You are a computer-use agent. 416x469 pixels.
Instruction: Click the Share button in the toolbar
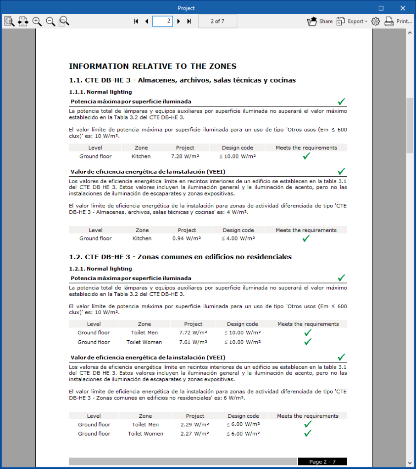(x=320, y=21)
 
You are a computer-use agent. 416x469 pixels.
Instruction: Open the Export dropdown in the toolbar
(x=352, y=21)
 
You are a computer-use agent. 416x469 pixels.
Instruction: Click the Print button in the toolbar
(x=398, y=21)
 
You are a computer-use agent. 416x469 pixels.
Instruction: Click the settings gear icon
(x=376, y=21)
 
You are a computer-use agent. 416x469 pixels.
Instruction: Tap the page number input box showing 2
(x=162, y=21)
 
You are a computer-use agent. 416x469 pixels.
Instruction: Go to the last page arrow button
(x=189, y=21)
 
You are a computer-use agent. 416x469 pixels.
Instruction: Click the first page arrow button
(x=136, y=21)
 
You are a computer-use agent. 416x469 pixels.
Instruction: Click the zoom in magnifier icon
(x=37, y=21)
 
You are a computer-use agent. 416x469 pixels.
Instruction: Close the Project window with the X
(x=402, y=8)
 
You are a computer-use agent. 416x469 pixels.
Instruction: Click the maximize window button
(x=381, y=8)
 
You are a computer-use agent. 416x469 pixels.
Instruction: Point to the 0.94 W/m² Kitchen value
(x=186, y=239)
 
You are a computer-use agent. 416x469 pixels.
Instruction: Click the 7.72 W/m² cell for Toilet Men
(x=193, y=333)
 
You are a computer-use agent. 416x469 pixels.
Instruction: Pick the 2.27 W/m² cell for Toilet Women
(x=195, y=434)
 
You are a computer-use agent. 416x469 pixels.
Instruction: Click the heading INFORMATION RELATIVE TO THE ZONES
(x=153, y=66)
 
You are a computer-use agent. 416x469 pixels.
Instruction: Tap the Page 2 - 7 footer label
(x=322, y=462)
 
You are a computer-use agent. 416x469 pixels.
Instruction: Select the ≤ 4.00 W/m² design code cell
(x=238, y=239)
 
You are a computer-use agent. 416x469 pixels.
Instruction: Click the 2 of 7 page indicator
(x=217, y=21)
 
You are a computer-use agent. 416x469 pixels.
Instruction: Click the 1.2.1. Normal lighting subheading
(x=100, y=269)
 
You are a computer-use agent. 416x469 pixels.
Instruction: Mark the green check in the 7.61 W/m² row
(x=308, y=342)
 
